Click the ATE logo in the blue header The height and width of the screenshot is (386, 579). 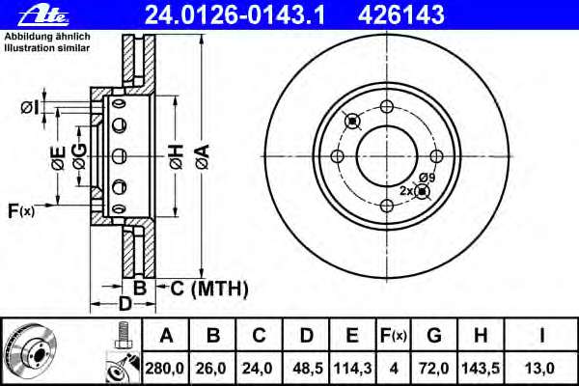point(43,15)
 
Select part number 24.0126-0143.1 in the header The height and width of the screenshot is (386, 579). point(234,15)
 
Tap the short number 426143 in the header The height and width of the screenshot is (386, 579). point(401,15)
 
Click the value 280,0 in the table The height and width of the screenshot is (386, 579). point(164,369)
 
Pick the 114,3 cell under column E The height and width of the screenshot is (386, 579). point(352,369)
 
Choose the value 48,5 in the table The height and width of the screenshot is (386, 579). point(308,369)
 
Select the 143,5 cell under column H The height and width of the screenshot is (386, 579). point(481,369)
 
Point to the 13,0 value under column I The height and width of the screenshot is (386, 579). point(539,369)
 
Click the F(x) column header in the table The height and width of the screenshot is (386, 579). point(394,336)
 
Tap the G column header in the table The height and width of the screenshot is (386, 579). point(434,336)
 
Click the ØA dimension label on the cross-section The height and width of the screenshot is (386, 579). point(203,157)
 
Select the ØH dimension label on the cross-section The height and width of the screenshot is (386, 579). point(177,157)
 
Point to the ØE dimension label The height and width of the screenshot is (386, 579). point(59,158)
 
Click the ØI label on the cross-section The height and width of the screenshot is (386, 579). point(30,107)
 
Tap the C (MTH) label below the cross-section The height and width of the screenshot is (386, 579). point(209,289)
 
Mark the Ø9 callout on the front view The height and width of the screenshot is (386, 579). point(427,178)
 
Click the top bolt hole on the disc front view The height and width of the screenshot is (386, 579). point(387,107)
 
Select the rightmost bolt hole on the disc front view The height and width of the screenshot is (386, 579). point(436,156)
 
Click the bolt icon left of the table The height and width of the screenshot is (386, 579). point(123,336)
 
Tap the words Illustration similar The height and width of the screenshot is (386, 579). point(47,48)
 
